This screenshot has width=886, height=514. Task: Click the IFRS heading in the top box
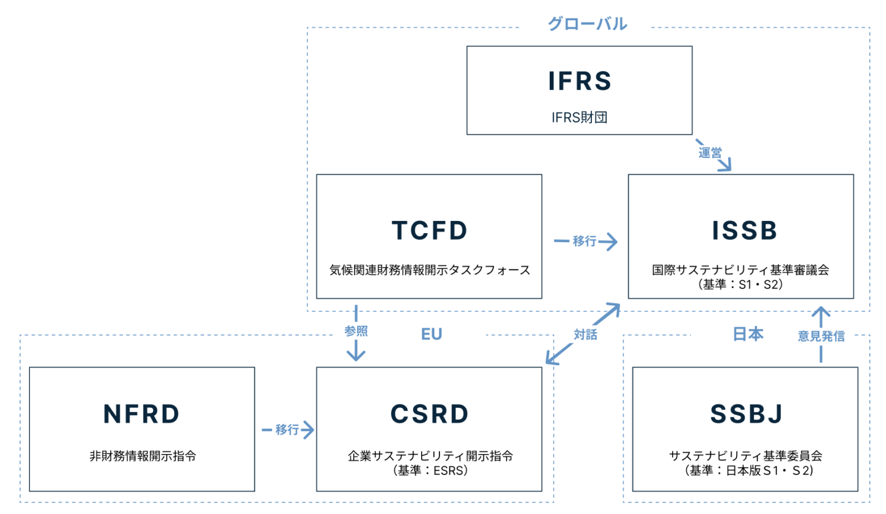(579, 81)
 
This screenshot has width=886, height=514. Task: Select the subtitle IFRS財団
(579, 118)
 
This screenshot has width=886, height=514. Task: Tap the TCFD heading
(430, 231)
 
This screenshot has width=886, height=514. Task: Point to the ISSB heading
(744, 231)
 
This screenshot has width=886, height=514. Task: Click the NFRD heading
(142, 414)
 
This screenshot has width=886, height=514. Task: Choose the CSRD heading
(430, 414)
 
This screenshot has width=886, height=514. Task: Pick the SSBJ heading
(746, 414)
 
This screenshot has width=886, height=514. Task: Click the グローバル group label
(587, 24)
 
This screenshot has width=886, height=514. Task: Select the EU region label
(431, 335)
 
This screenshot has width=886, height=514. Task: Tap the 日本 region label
(748, 334)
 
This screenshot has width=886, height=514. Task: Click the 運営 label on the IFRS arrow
(710, 153)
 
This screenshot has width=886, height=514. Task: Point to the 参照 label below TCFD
(356, 331)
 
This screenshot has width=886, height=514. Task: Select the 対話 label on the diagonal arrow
(585, 335)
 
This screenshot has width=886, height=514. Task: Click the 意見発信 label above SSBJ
(821, 336)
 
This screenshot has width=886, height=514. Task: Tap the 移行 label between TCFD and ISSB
(584, 241)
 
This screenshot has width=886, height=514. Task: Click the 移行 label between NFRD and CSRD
(287, 430)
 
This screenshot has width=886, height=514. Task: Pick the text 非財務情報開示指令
(142, 456)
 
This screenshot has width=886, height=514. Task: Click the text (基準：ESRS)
(430, 471)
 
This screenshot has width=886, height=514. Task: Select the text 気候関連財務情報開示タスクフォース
(430, 270)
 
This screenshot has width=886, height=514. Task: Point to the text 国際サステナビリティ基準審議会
(741, 270)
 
